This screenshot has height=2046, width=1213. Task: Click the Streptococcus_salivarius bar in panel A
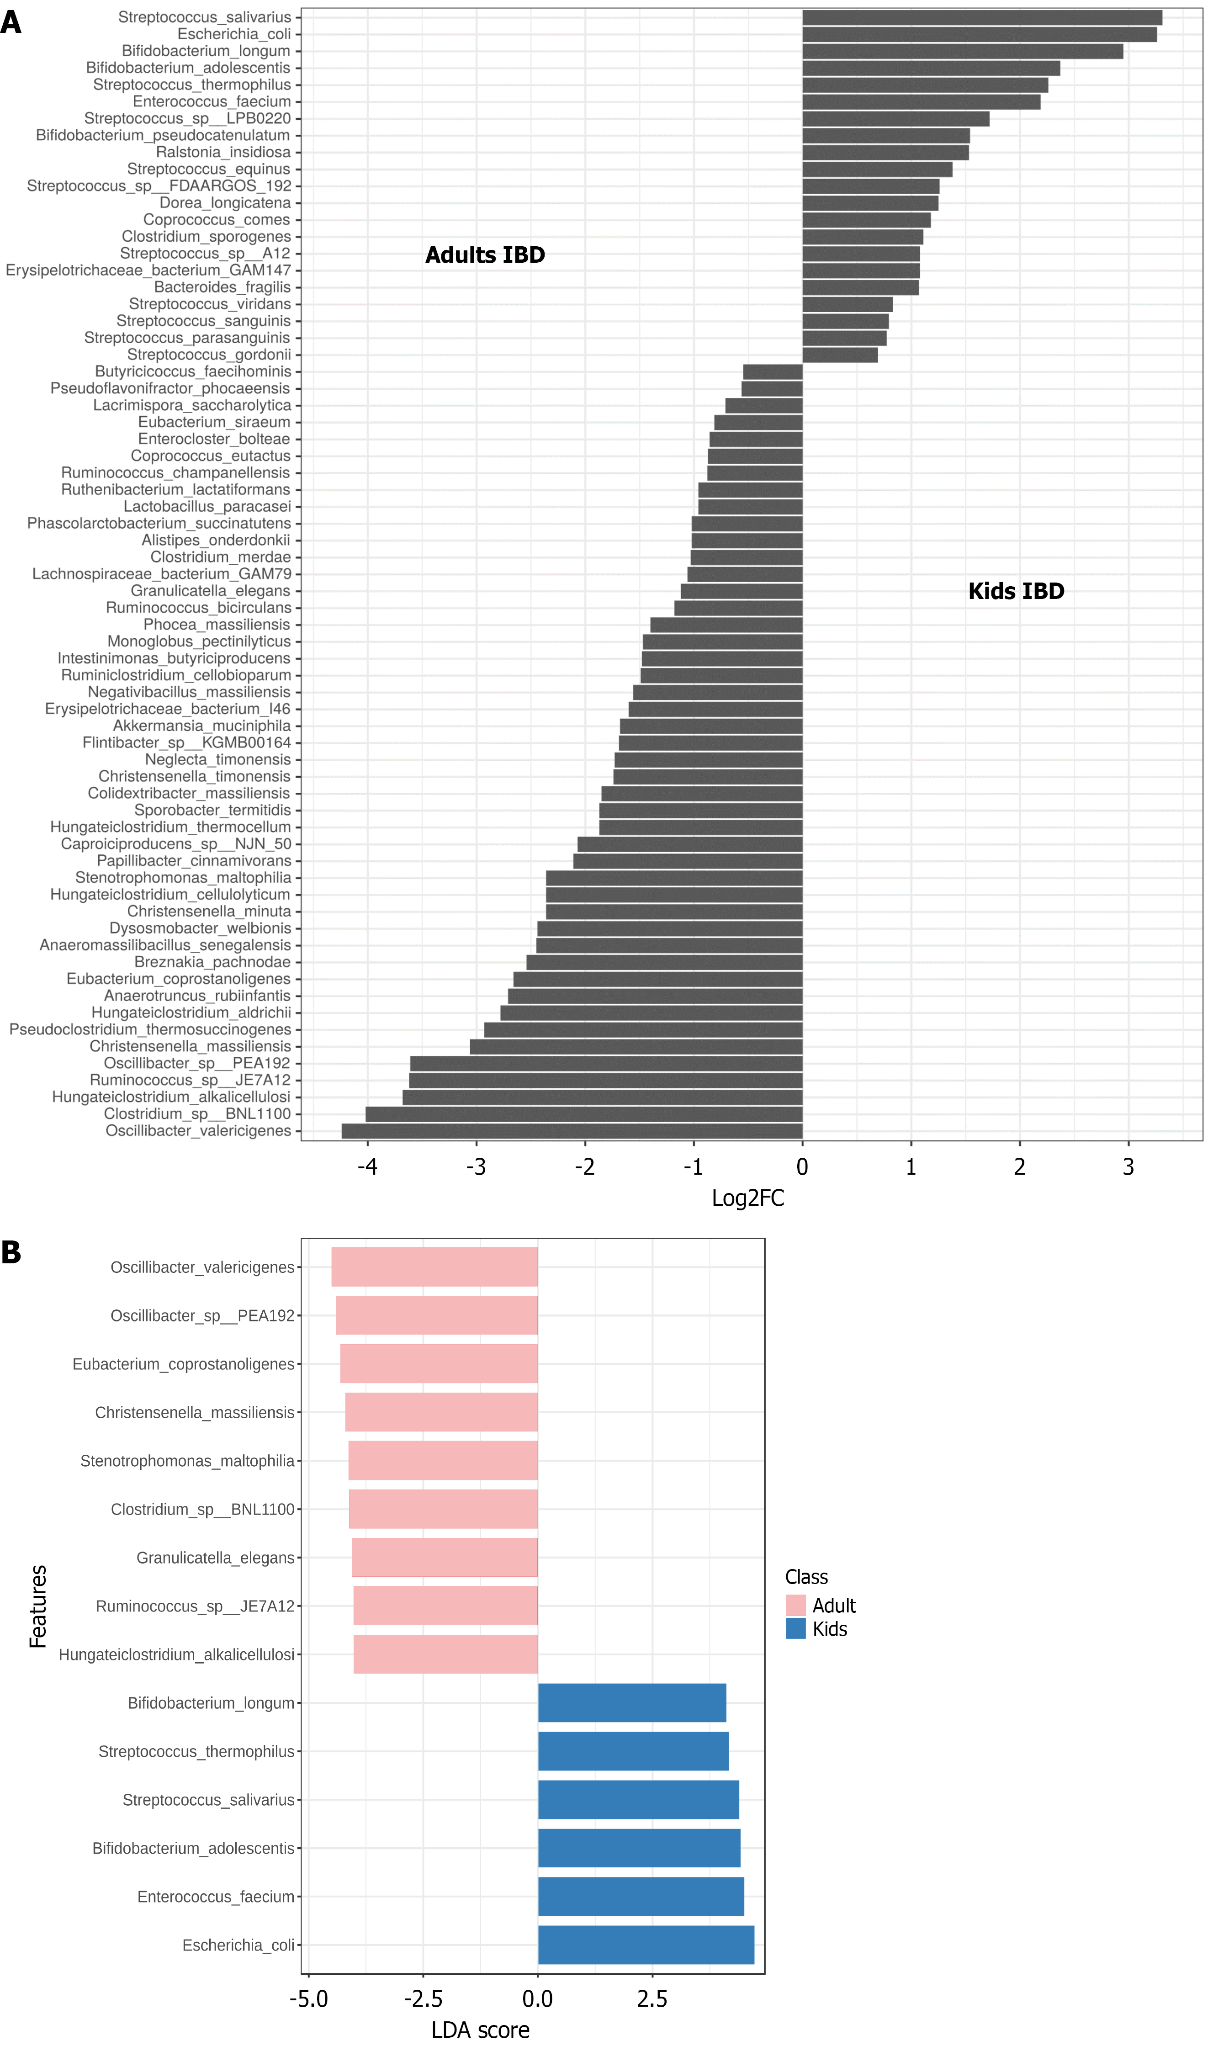tap(981, 17)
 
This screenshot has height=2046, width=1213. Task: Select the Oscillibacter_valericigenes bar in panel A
tap(572, 1130)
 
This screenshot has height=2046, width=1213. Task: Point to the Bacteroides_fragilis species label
tap(222, 287)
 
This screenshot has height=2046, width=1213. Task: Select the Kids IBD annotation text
tap(1016, 591)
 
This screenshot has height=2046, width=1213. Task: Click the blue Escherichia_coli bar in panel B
tap(646, 1945)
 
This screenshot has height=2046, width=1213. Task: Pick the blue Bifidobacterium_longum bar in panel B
tap(632, 1703)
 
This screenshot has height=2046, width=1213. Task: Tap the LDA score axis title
tap(481, 2030)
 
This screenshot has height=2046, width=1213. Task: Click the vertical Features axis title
tap(37, 1606)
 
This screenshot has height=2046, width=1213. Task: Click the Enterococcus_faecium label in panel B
tap(216, 1897)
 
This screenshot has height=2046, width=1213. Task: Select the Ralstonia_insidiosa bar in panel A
tap(885, 152)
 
